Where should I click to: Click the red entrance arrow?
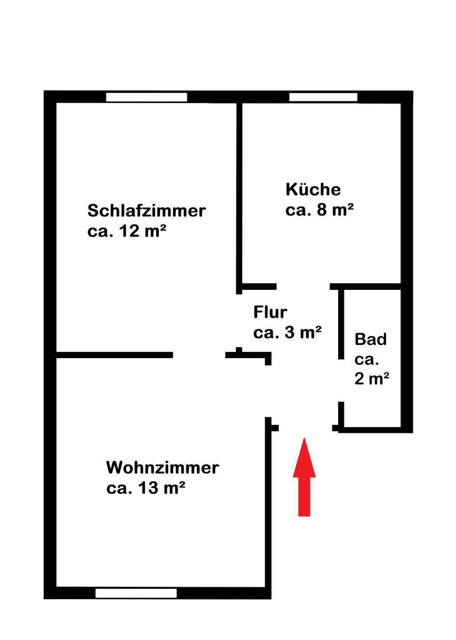pos(304,478)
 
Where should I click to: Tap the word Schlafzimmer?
pos(146,211)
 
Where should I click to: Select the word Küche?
pos(313,189)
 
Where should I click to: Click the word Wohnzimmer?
pos(162,468)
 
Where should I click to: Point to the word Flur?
pos(270,312)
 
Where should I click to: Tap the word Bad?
pos(371,340)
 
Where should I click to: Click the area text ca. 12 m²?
pos(127,231)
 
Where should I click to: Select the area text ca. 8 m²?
pos(319,210)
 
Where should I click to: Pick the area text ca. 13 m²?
pos(145,488)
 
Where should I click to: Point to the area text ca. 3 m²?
pos(287,332)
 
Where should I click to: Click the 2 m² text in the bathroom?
pos(372,379)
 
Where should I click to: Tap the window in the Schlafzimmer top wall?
pos(146,97)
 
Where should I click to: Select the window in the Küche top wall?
pos(323,97)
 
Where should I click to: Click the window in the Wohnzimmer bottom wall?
pos(136,593)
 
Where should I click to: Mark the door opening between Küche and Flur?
pos(303,287)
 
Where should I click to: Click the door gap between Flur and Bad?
pos(341,380)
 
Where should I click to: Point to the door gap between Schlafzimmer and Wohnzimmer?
pos(199,355)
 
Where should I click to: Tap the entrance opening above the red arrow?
pos(305,428)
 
